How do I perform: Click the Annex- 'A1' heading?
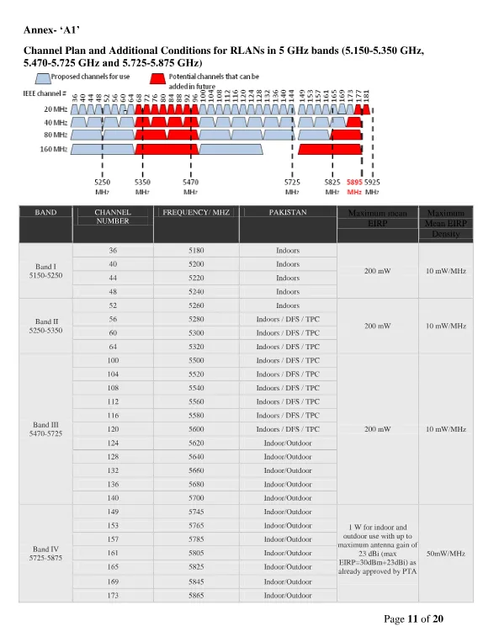51,31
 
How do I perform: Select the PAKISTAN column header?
288,213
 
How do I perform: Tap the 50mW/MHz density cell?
446,554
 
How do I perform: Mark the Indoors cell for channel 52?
288,305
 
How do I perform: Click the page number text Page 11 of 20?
413,620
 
